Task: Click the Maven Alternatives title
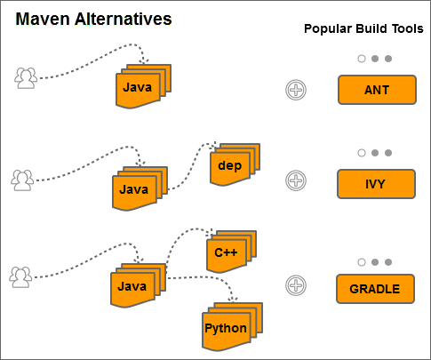93,19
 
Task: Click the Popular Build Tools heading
364,28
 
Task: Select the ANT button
376,90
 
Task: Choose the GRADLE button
375,289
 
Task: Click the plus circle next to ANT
296,90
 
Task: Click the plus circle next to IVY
296,181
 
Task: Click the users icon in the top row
27,78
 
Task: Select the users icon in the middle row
21,180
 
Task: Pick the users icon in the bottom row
20,276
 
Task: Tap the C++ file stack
229,252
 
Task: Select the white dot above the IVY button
362,153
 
